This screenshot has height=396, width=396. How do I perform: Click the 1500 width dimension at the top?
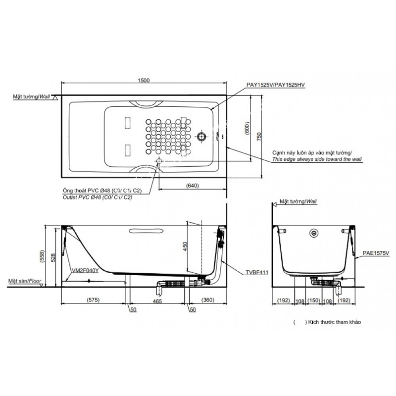pos(144,80)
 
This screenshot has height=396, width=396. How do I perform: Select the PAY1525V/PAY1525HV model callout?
pos(276,85)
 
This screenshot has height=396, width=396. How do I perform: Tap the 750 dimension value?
pos(259,137)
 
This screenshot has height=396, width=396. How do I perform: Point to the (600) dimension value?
pos(248,128)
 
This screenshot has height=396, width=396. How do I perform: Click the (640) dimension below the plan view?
pos(193,186)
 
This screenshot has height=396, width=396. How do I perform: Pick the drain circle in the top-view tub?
pos(201,137)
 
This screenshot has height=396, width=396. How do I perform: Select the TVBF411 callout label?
pos(257,273)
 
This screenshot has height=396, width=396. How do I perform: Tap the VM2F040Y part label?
pos(85,270)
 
